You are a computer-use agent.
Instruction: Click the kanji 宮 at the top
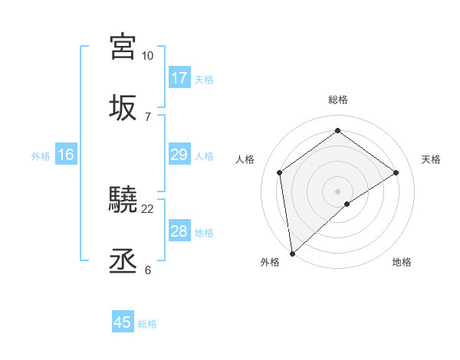[x=123, y=47]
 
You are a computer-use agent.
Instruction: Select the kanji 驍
[x=123, y=200]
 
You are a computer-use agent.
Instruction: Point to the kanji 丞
[x=123, y=261]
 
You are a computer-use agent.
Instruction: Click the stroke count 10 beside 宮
[x=147, y=56]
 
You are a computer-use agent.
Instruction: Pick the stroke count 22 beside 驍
[x=148, y=208]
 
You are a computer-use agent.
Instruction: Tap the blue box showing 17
[x=179, y=78]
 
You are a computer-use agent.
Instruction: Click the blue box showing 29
[x=179, y=155]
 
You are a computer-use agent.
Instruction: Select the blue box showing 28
[x=179, y=231]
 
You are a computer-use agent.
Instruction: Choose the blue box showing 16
[x=66, y=155]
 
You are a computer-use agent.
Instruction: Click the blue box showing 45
[x=123, y=322]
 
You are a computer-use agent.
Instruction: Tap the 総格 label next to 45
[x=147, y=324]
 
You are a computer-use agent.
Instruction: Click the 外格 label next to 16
[x=41, y=156]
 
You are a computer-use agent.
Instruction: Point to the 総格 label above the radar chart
[x=337, y=100]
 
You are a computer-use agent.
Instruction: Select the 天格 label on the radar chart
[x=432, y=159]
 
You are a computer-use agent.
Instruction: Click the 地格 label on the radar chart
[x=402, y=262]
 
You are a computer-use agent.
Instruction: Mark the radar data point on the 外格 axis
[x=292, y=253]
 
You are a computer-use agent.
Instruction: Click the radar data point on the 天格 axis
[x=396, y=172]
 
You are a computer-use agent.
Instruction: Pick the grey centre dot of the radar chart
[x=337, y=191]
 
